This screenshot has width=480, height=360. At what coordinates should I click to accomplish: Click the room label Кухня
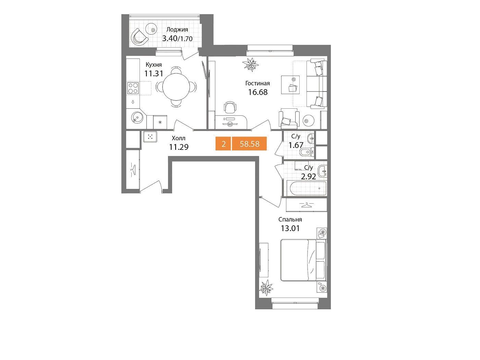tap(154, 65)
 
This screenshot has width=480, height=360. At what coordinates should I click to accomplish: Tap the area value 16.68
tap(258, 92)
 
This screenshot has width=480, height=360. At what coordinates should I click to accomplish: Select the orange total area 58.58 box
tap(249, 144)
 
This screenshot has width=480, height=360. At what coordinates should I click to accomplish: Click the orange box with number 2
tap(223, 144)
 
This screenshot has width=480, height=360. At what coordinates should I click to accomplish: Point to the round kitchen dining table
tap(176, 87)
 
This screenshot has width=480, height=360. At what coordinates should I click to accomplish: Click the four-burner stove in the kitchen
tap(133, 88)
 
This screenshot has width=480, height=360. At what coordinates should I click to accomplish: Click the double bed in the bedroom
tap(303, 260)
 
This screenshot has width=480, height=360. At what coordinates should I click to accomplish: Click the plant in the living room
tap(251, 64)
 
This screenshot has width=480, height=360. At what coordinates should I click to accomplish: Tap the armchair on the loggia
tap(139, 37)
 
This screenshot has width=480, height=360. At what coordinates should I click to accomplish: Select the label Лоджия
tap(177, 29)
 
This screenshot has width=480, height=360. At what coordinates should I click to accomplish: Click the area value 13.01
tap(290, 228)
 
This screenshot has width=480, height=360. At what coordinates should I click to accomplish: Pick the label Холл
tap(178, 138)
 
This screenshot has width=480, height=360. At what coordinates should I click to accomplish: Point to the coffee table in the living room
tap(290, 85)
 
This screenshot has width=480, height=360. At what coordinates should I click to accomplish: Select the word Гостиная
tap(257, 83)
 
